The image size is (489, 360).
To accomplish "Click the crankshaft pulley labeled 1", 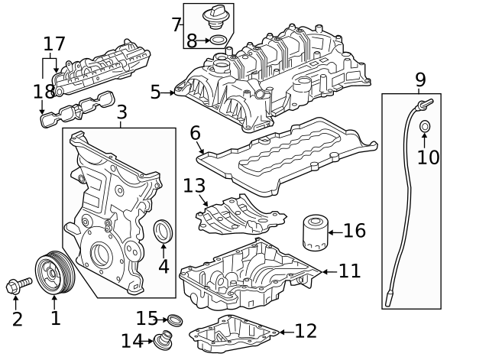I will [55, 274].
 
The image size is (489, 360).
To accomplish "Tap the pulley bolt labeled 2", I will [18, 287].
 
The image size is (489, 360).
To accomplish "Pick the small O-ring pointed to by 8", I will [218, 39].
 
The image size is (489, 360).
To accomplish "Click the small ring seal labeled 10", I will [425, 125].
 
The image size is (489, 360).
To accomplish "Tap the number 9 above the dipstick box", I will [420, 79].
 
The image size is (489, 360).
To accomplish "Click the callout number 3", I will [121, 113].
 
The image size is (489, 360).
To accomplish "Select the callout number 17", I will [54, 44].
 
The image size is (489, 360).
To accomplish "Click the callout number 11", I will [350, 271].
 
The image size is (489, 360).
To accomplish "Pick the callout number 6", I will [195, 133].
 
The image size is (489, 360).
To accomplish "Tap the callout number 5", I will [156, 92].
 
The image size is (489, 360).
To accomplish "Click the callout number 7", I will [176, 25].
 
